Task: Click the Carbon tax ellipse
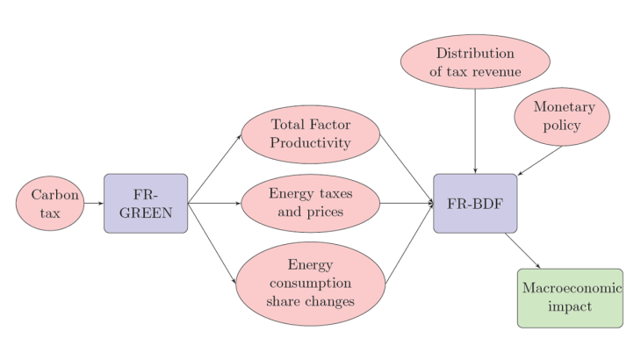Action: coord(49,203)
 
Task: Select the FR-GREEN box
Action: coord(146,203)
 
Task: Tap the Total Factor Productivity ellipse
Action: coord(311,133)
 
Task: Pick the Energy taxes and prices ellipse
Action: coord(311,203)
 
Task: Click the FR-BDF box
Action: coord(475,203)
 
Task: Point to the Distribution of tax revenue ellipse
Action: coord(475,62)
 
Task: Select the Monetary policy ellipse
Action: coord(562,116)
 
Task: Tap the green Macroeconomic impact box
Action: coord(570,298)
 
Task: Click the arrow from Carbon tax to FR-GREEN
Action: coord(93,203)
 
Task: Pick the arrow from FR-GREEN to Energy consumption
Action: coord(212,242)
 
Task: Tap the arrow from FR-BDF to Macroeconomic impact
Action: coord(523,251)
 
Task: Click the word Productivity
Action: coord(311,143)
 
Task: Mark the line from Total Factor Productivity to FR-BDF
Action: coord(407,169)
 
